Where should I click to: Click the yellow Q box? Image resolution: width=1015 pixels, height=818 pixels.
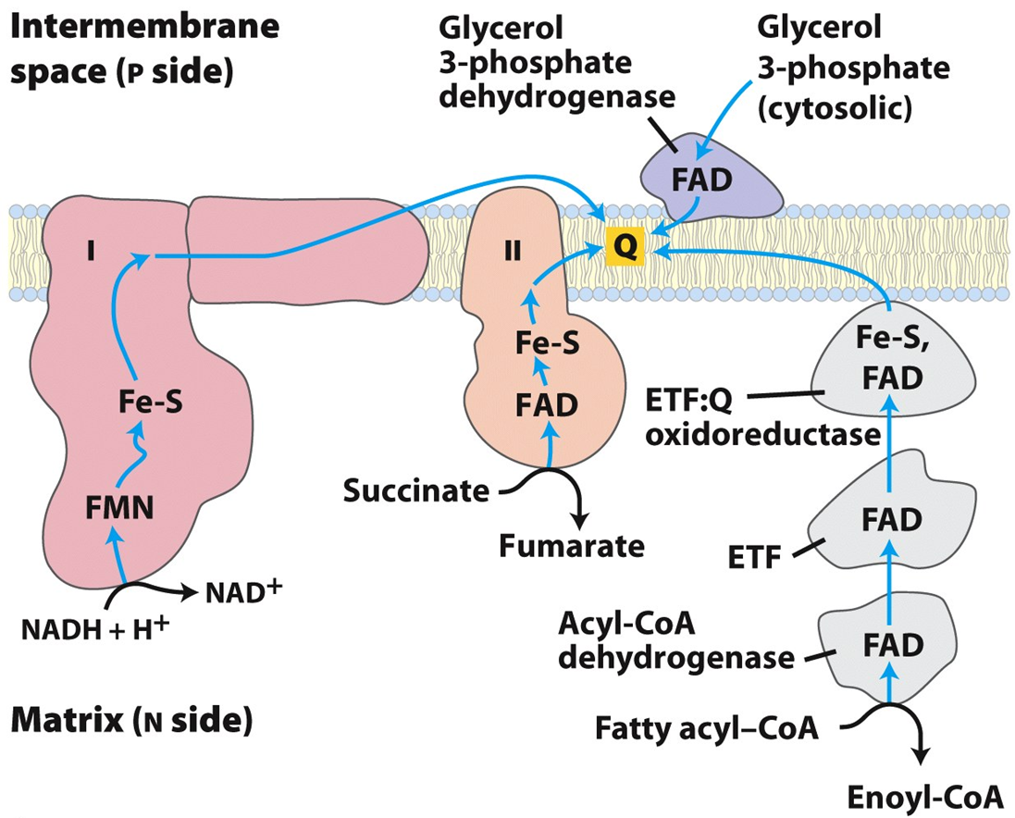coord(624,247)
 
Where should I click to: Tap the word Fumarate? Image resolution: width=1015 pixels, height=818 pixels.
coord(571,545)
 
